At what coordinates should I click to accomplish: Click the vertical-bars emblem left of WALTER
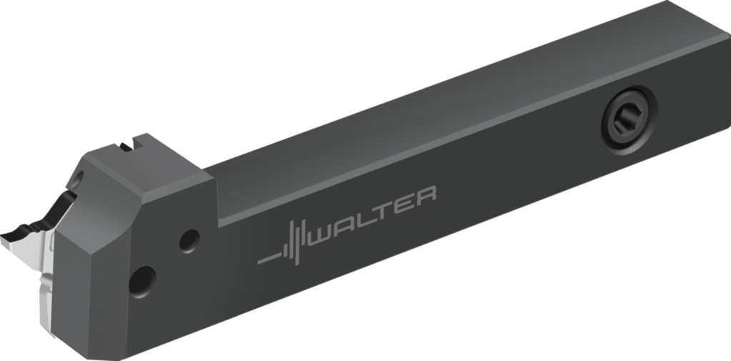pos(296,238)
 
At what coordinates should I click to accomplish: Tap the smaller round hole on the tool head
pos(189,240)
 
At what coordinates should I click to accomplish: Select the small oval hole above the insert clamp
pos(79,177)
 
